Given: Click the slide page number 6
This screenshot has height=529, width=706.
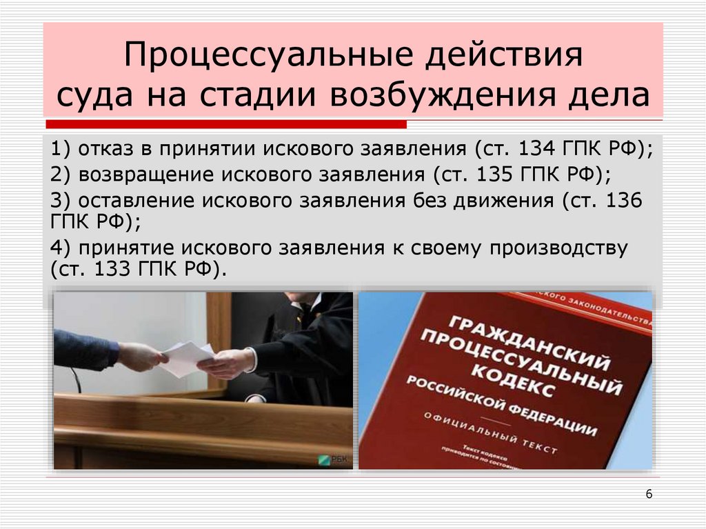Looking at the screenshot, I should pyautogui.click(x=649, y=494).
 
